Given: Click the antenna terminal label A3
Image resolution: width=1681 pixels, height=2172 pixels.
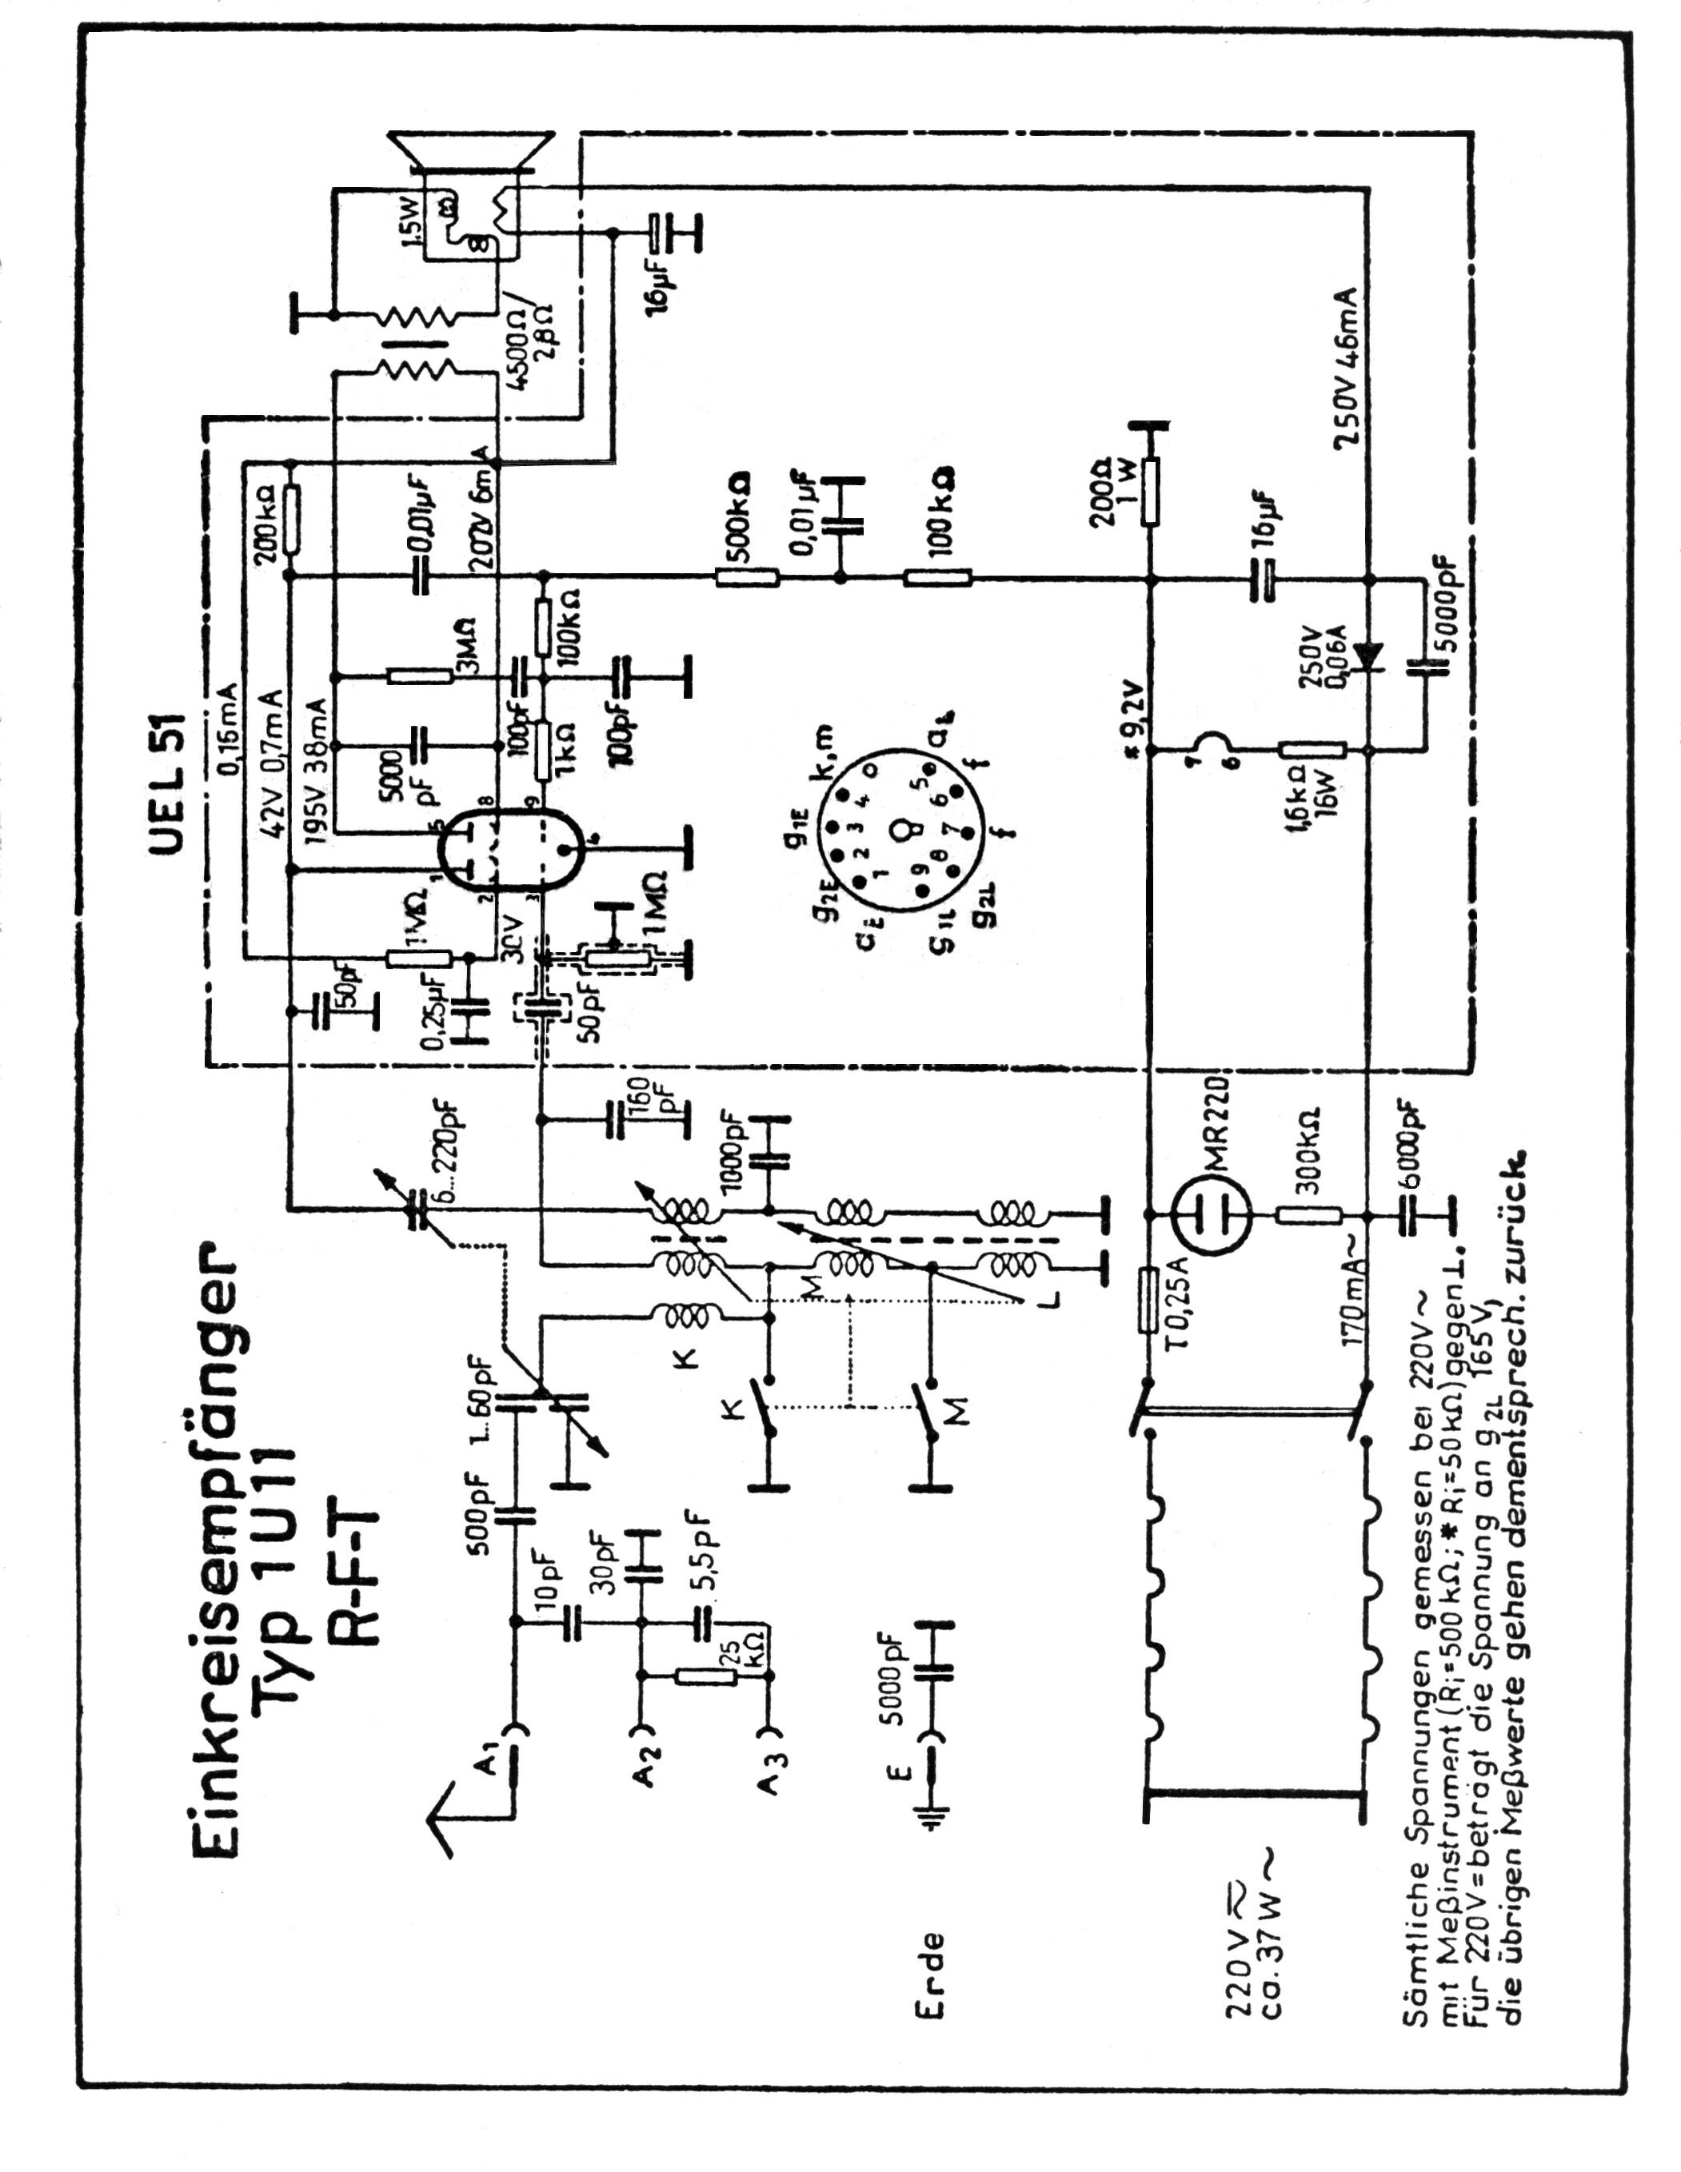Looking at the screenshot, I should pyautogui.click(x=766, y=1790).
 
